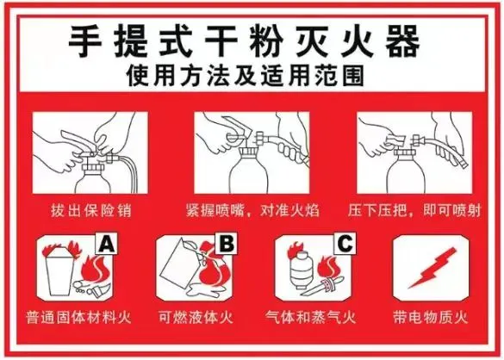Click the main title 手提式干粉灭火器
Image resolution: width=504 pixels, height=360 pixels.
pos(245,41)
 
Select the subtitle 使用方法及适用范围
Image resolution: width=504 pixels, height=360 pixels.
pos(246,76)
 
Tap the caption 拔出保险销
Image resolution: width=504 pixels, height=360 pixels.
pos(91,210)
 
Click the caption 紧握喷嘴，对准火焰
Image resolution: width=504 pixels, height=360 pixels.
pos(252,210)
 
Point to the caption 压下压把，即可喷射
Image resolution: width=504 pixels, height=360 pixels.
pos(414,210)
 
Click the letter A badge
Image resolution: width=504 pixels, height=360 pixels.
pos(106,244)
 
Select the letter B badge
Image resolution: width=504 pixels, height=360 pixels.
pos(227,244)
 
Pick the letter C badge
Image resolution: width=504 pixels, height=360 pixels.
pos(345,244)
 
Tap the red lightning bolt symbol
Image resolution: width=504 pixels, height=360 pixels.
pos(432,268)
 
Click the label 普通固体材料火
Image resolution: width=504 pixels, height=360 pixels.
pos(78,317)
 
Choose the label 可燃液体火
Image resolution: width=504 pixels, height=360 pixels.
pos(196,317)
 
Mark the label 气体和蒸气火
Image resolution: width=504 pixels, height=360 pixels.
pos(310,317)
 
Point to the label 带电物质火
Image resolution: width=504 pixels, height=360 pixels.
pos(431,317)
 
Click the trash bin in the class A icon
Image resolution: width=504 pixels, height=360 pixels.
pos(60,271)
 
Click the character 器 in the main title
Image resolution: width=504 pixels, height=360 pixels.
pos(402,42)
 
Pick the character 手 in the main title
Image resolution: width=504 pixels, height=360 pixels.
pos(85,42)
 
